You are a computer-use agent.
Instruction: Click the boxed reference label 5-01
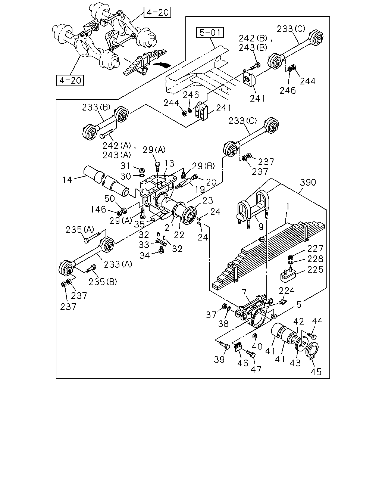pyautogui.click(x=210, y=32)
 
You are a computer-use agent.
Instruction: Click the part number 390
pyautogui.click(x=308, y=182)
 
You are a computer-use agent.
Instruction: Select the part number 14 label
pyautogui.click(x=67, y=180)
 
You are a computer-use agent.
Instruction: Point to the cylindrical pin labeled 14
pyautogui.click(x=106, y=181)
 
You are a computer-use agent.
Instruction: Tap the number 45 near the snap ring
pyautogui.click(x=316, y=372)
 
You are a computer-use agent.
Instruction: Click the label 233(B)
pyautogui.click(x=96, y=108)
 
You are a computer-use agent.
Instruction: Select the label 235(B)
pyautogui.click(x=103, y=282)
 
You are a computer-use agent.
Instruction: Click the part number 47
pyautogui.click(x=256, y=369)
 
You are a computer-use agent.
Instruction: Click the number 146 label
pyautogui.click(x=98, y=209)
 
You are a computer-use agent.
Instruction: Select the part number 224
pyautogui.click(x=286, y=291)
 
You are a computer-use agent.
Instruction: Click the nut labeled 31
pyautogui.click(x=142, y=171)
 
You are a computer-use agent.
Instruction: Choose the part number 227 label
pyautogui.click(x=315, y=248)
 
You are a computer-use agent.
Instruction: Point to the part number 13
pyautogui.click(x=169, y=163)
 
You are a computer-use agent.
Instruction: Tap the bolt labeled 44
pyautogui.click(x=312, y=336)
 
